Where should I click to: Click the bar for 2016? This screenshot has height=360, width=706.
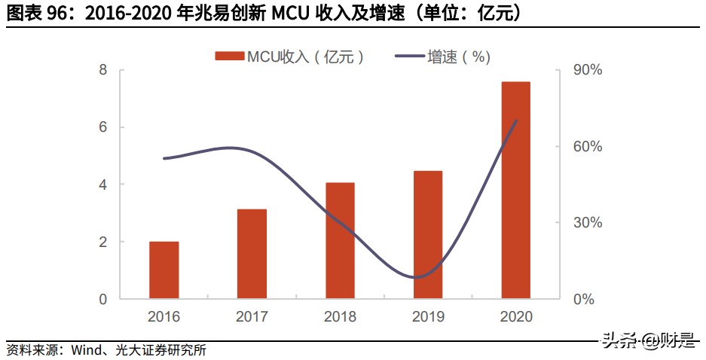(164, 270)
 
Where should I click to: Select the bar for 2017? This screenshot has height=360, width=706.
(252, 254)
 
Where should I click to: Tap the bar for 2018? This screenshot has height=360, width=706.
(340, 240)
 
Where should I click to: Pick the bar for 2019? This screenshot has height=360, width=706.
(428, 235)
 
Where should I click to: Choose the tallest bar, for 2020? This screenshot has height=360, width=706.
(516, 190)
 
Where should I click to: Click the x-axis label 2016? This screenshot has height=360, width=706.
(164, 317)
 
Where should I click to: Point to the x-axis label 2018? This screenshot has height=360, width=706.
(340, 317)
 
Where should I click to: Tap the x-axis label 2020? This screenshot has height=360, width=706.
(516, 317)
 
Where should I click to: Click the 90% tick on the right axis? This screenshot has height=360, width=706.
(588, 70)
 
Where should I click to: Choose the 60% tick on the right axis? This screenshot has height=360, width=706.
(588, 146)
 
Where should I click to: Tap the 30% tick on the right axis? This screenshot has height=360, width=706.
(588, 223)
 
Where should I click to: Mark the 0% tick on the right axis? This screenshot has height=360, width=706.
(584, 299)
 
